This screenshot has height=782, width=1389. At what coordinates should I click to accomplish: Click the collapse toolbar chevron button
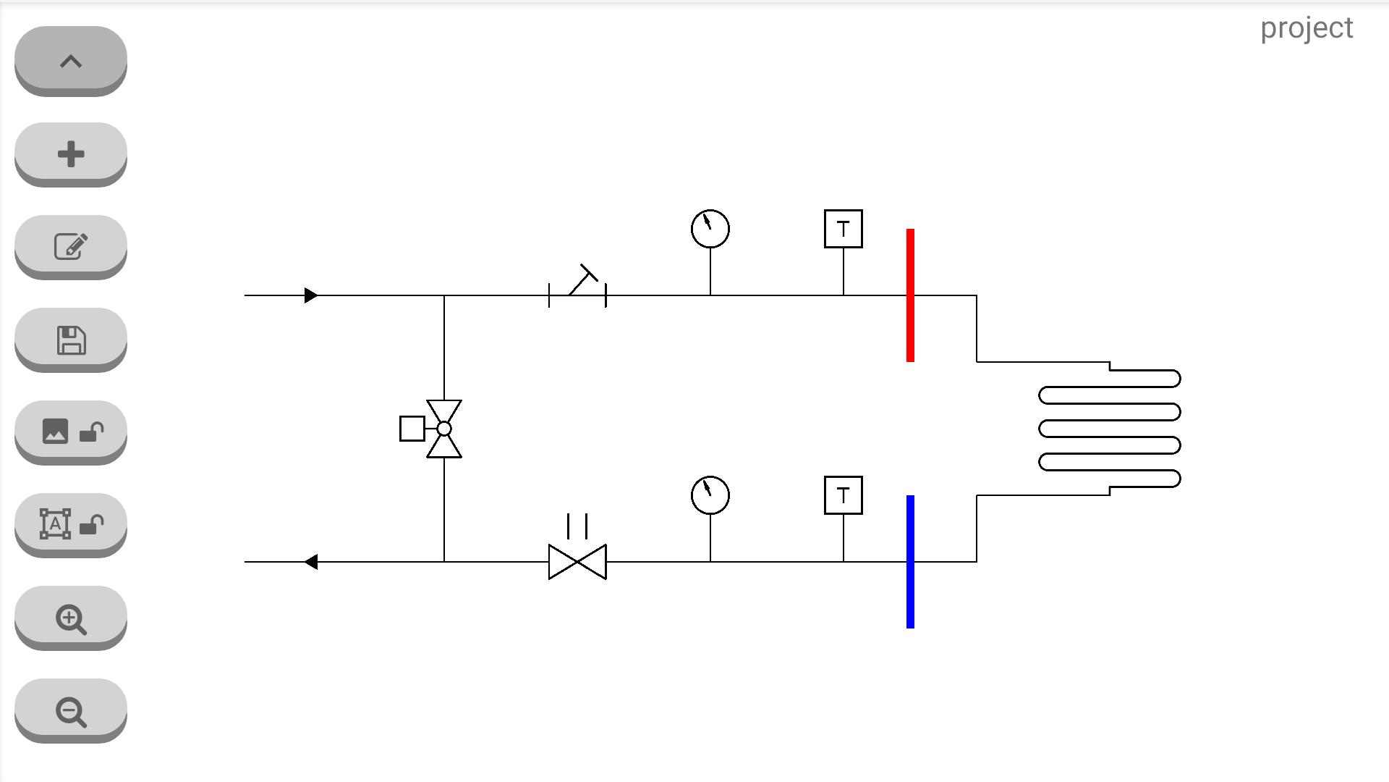coord(71,60)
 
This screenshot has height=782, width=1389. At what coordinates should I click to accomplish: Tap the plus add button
coord(71,154)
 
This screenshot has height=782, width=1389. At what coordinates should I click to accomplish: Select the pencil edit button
coord(71,246)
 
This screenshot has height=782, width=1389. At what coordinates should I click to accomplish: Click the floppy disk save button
coord(71,339)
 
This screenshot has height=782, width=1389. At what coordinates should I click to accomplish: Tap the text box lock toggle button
coord(71,524)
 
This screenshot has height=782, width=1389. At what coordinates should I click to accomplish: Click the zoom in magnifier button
coord(71,617)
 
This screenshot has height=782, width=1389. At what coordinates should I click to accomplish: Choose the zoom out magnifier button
coord(71,710)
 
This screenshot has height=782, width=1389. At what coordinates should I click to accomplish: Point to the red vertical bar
coord(910,295)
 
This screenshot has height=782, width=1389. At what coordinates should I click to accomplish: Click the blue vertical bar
coord(910,562)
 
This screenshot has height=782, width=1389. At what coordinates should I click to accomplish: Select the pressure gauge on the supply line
coord(710,229)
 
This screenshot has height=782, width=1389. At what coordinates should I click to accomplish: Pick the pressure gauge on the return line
coord(710,495)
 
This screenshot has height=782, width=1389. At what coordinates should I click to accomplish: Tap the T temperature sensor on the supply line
coord(844,229)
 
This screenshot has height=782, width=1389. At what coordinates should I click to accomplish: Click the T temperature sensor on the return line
coord(844,495)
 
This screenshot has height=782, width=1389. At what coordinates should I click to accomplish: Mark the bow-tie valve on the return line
coord(577,562)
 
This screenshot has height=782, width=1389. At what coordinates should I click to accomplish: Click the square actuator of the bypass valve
coord(412,429)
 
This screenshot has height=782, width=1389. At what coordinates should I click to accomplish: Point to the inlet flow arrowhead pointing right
coord(311,295)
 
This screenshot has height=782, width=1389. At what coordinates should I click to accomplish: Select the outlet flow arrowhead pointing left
coord(311,562)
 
